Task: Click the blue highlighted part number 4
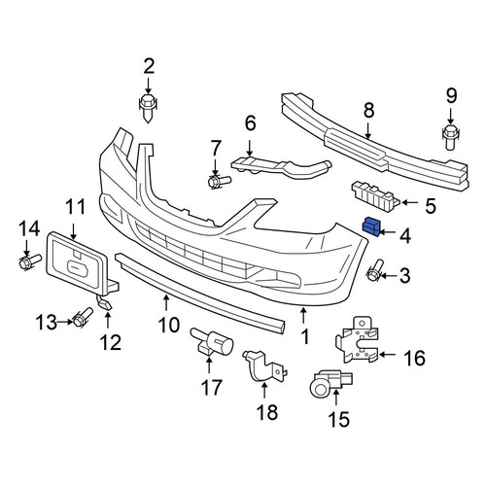click(371, 226)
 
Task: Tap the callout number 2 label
click(149, 66)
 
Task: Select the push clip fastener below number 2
click(148, 108)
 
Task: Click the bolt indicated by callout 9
click(451, 137)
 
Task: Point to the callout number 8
click(369, 110)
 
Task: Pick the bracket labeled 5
click(376, 195)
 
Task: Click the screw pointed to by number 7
click(219, 181)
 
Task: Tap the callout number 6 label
click(250, 123)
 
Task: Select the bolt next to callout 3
click(375, 270)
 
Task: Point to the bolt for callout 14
click(30, 261)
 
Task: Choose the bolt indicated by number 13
click(83, 317)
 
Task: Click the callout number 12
click(111, 343)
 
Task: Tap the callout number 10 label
click(169, 325)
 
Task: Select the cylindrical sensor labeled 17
click(212, 343)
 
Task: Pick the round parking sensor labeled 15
click(330, 383)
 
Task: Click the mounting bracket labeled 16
click(358, 340)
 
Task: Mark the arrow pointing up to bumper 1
click(303, 316)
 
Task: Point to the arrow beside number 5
click(409, 203)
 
